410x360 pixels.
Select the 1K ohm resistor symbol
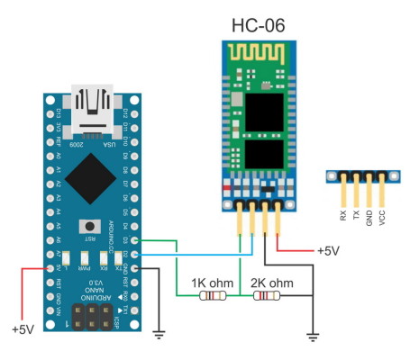click(210, 295)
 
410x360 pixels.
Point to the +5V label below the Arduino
click(23, 329)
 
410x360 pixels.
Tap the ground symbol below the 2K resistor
click(312, 337)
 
